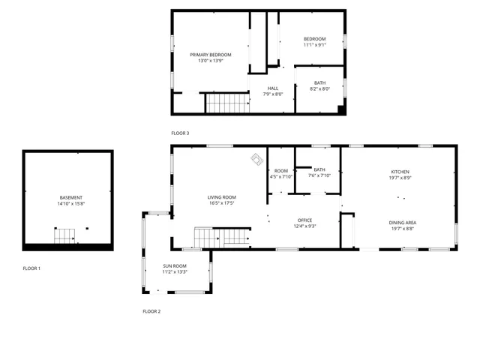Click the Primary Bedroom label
[x=210, y=55]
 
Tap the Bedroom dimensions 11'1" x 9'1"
[x=314, y=45]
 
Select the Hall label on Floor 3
[x=272, y=88]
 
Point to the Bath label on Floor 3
[x=320, y=82]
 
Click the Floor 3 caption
[x=180, y=133]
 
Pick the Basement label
[x=71, y=197]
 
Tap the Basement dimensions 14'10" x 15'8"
[x=71, y=203]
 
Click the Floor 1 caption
[x=31, y=268]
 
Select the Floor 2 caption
[x=151, y=310]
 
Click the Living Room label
[x=222, y=196]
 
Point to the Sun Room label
[x=175, y=266]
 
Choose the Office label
[x=304, y=220]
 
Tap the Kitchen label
[x=400, y=172]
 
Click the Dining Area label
[x=403, y=222]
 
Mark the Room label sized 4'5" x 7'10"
[x=281, y=170]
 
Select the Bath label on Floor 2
[x=319, y=169]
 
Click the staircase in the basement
[x=64, y=236]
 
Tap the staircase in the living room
[x=222, y=237]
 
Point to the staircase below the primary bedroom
[x=226, y=103]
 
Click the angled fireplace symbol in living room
[x=257, y=159]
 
